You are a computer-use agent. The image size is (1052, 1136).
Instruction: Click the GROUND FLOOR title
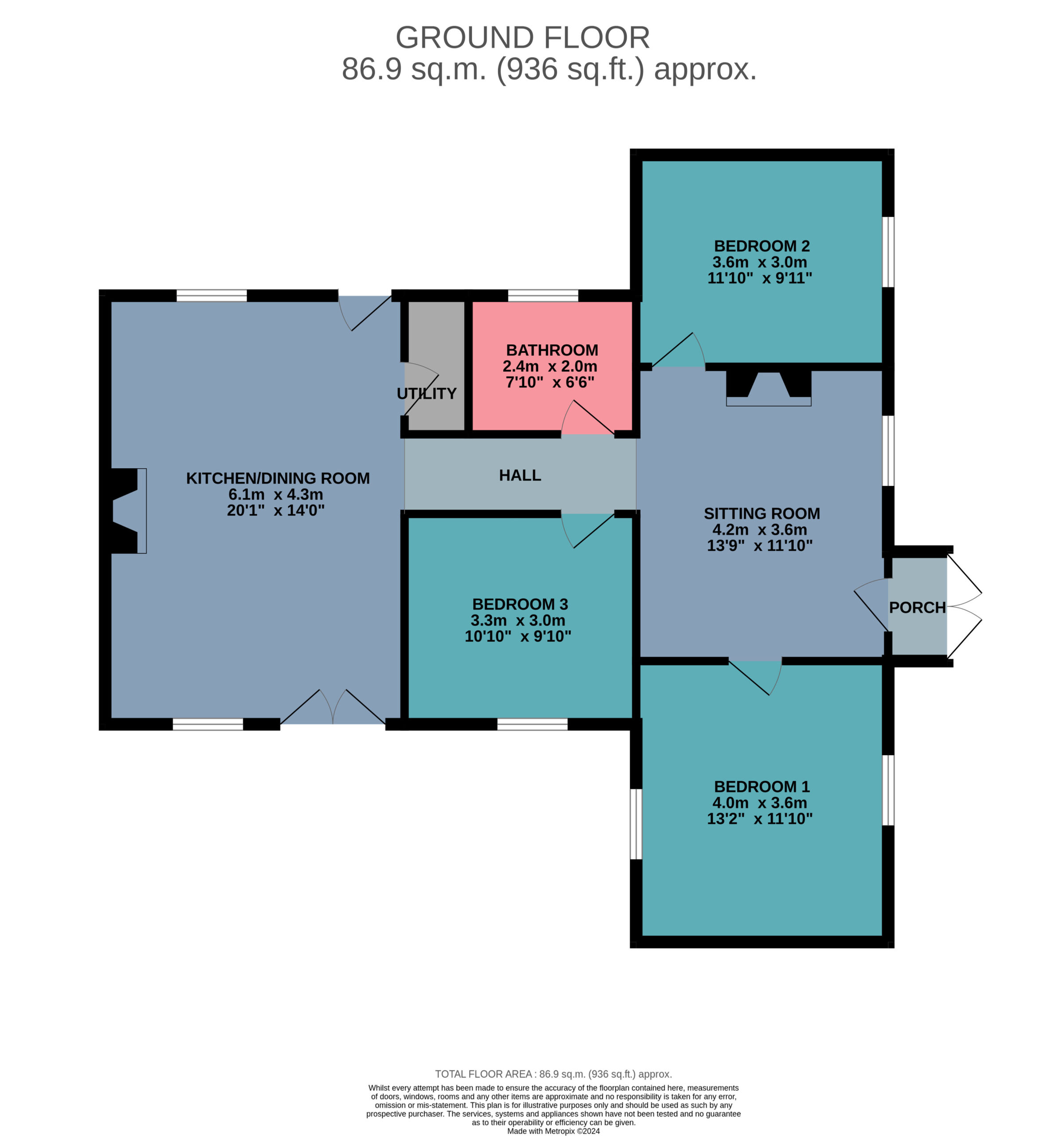pyautogui.click(x=522, y=38)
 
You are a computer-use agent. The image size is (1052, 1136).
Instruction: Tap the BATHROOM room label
pyautogui.click(x=552, y=350)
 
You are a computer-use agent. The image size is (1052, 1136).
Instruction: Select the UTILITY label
pyautogui.click(x=426, y=394)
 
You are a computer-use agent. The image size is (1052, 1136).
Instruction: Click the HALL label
pyautogui.click(x=520, y=475)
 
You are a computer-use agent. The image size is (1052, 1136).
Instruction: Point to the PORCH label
pyautogui.click(x=917, y=607)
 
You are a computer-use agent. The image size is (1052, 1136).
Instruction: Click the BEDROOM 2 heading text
pyautogui.click(x=762, y=246)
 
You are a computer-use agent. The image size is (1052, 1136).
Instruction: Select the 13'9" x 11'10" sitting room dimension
pyautogui.click(x=759, y=545)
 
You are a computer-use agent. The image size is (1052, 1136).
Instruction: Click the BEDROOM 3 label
pyautogui.click(x=520, y=604)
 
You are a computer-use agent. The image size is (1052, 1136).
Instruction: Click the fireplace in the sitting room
pyautogui.click(x=769, y=388)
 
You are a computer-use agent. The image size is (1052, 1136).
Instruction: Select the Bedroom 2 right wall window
pyautogui.click(x=888, y=252)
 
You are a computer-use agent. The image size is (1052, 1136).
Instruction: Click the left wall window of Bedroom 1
pyautogui.click(x=636, y=824)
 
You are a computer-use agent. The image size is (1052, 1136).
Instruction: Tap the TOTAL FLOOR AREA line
pyautogui.click(x=553, y=1074)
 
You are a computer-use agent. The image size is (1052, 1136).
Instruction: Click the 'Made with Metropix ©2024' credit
pyautogui.click(x=553, y=1131)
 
